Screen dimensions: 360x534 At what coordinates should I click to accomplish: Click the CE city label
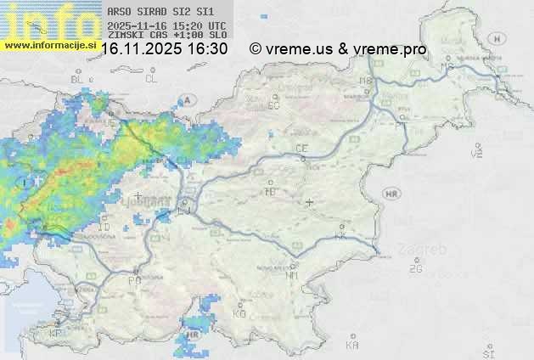[301, 149]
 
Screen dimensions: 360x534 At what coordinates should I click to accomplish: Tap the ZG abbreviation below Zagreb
[415, 269]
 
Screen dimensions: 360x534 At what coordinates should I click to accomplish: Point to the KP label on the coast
[56, 334]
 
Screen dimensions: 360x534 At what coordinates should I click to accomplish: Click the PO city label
[134, 280]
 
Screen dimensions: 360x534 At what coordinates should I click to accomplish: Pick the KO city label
[239, 314]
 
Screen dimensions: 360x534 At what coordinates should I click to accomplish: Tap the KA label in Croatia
[352, 346]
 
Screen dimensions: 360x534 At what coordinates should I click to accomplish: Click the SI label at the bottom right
[487, 352]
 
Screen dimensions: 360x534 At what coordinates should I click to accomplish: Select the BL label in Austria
[78, 79]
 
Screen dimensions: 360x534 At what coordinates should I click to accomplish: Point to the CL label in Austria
[151, 79]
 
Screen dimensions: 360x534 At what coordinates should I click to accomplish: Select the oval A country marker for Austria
[188, 99]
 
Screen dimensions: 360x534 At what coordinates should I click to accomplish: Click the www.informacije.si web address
[48, 43]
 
